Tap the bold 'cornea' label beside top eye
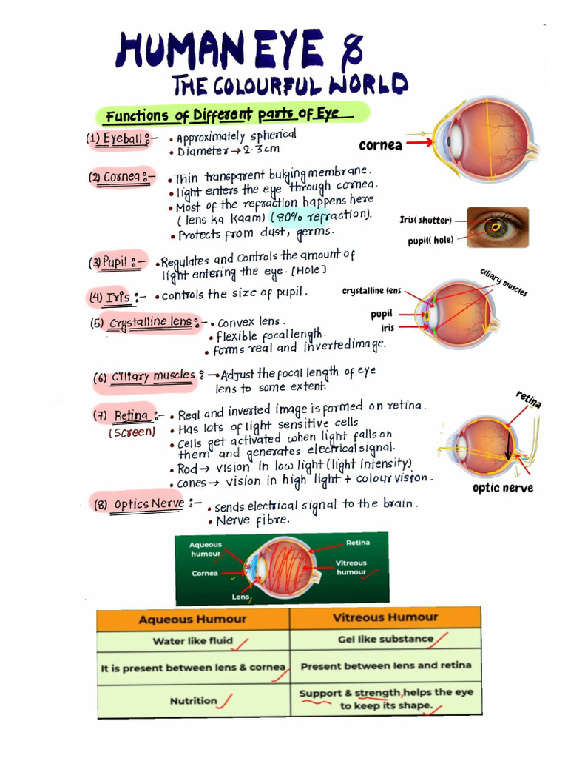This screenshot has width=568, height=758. point(380,145)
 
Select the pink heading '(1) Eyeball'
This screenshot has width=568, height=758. point(119,138)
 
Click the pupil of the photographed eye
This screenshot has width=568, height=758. point(496,227)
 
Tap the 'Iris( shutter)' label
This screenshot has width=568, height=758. point(425,220)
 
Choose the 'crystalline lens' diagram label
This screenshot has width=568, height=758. point(371,291)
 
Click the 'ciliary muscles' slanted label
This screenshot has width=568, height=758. point(504,282)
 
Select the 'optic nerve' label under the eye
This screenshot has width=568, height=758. point(502,488)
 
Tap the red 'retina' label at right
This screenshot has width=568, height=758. point(529,400)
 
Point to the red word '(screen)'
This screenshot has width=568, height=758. point(132,432)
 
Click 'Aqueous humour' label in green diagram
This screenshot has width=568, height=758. point(206,549)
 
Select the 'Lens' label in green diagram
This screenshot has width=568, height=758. point(240,596)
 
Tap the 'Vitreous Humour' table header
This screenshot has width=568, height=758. point(385,617)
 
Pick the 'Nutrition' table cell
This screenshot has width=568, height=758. point(193,700)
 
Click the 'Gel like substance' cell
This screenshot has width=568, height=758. point(385,639)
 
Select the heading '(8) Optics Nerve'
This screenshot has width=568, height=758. point(138,505)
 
